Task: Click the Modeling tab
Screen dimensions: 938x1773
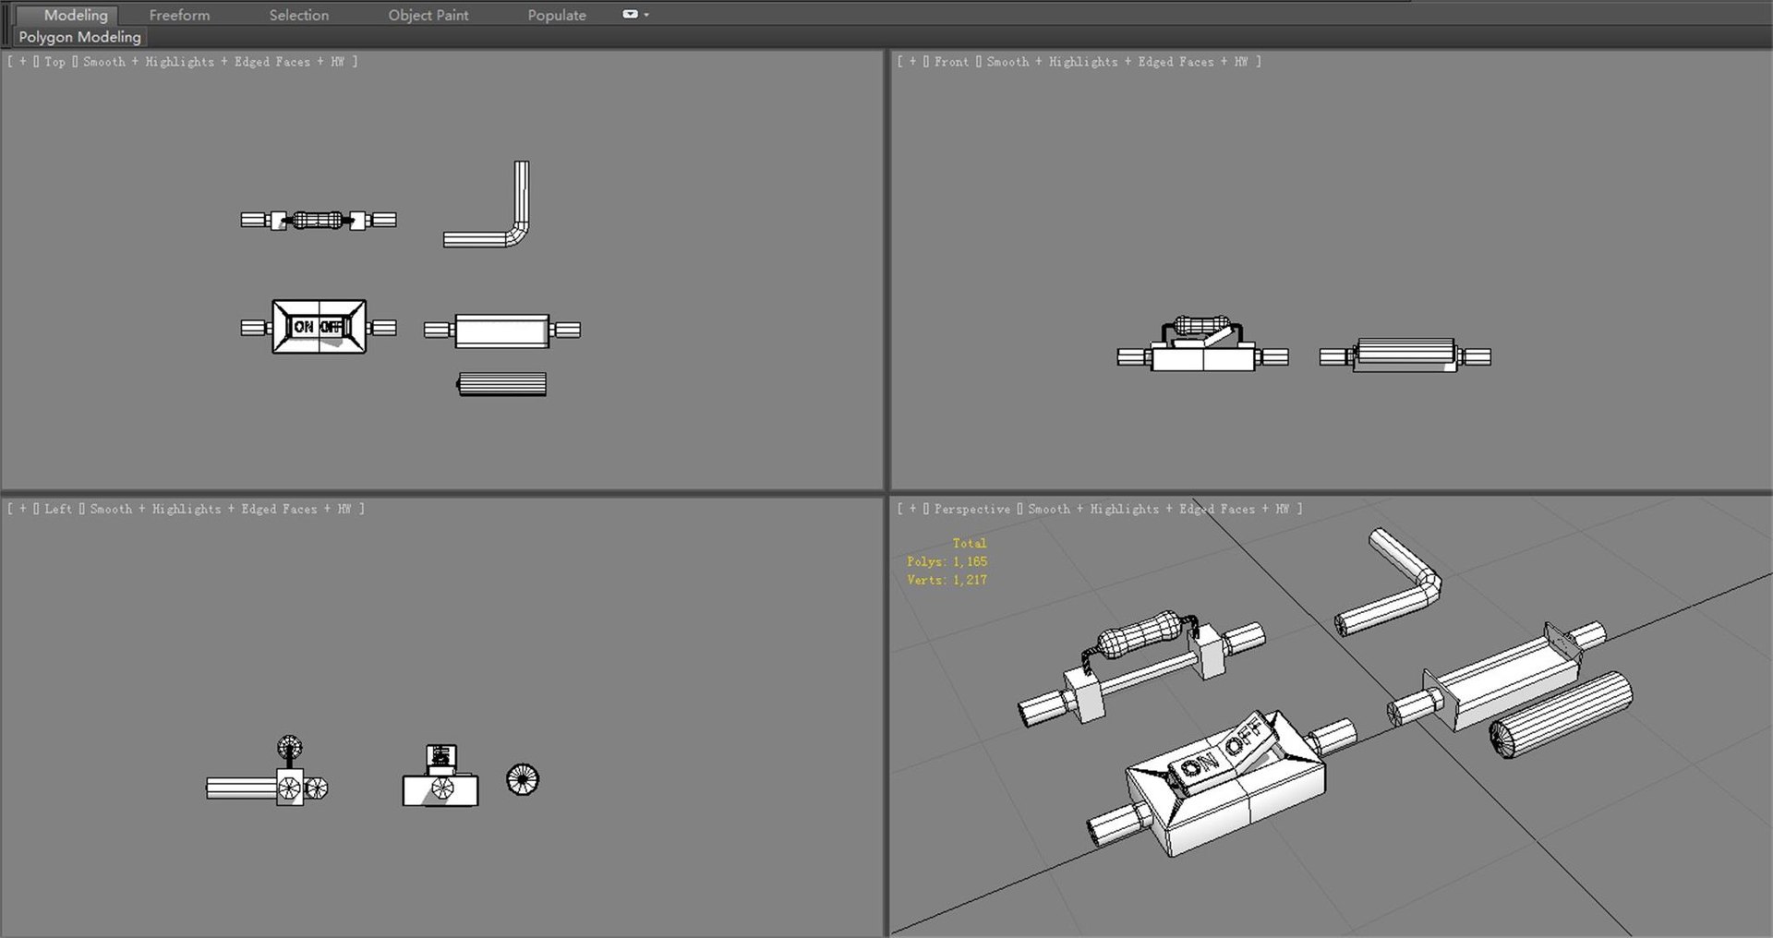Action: [x=76, y=15]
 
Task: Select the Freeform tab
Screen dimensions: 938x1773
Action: [x=179, y=15]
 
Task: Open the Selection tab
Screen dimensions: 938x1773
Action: [x=298, y=15]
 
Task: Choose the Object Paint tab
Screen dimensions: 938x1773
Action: [x=428, y=15]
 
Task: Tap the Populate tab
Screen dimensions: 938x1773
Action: [x=556, y=15]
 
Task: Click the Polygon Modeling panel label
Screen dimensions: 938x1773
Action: [x=79, y=37]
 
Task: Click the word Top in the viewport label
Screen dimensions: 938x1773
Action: [x=54, y=62]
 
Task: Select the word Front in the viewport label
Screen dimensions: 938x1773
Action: [x=951, y=62]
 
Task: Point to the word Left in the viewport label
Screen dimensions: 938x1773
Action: [x=58, y=509]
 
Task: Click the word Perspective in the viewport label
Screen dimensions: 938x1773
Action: [x=971, y=509]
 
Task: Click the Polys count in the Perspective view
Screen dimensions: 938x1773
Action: [x=947, y=561]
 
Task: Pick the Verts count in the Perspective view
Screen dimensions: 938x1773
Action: [x=947, y=580]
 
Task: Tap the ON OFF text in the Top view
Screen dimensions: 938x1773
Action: [x=319, y=327]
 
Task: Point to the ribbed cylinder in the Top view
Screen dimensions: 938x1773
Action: [x=502, y=383]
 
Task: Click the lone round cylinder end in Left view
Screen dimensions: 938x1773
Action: [x=523, y=779]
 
